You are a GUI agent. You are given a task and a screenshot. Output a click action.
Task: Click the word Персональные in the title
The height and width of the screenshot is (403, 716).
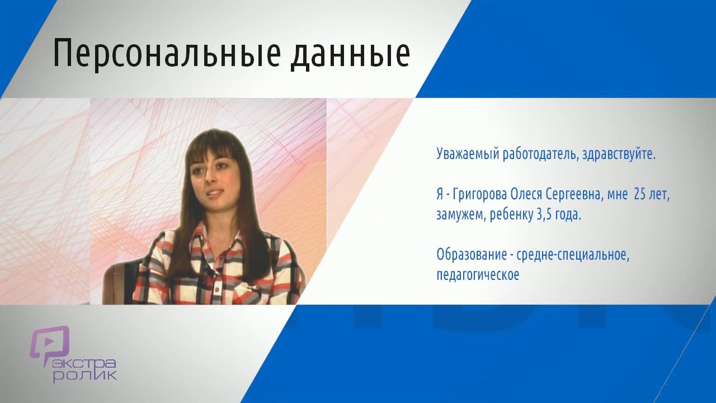(167, 53)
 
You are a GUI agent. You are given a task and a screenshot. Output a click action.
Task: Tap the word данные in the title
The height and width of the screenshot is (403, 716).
(350, 55)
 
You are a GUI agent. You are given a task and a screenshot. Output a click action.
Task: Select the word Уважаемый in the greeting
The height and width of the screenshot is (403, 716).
(468, 154)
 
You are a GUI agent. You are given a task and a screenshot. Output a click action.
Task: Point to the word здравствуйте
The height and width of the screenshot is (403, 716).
(619, 154)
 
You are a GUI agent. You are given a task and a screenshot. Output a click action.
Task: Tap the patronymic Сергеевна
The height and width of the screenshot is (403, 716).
(574, 195)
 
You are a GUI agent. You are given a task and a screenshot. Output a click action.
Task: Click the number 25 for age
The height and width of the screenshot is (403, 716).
(640, 194)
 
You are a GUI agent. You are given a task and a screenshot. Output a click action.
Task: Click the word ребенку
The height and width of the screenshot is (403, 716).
(511, 214)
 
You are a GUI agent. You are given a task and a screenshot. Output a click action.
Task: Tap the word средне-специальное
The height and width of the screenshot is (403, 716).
(573, 255)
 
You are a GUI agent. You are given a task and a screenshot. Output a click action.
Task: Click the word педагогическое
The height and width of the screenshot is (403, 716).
(478, 275)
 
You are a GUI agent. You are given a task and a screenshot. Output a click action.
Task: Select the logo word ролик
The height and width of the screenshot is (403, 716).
(84, 376)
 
